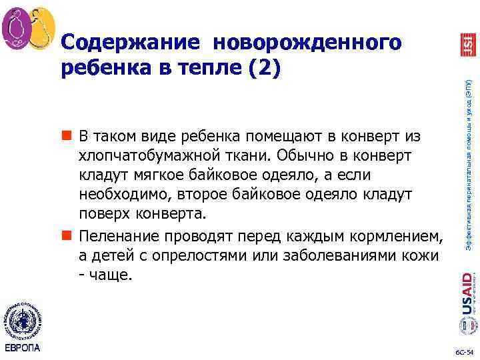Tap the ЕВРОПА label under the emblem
tap(23, 348)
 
